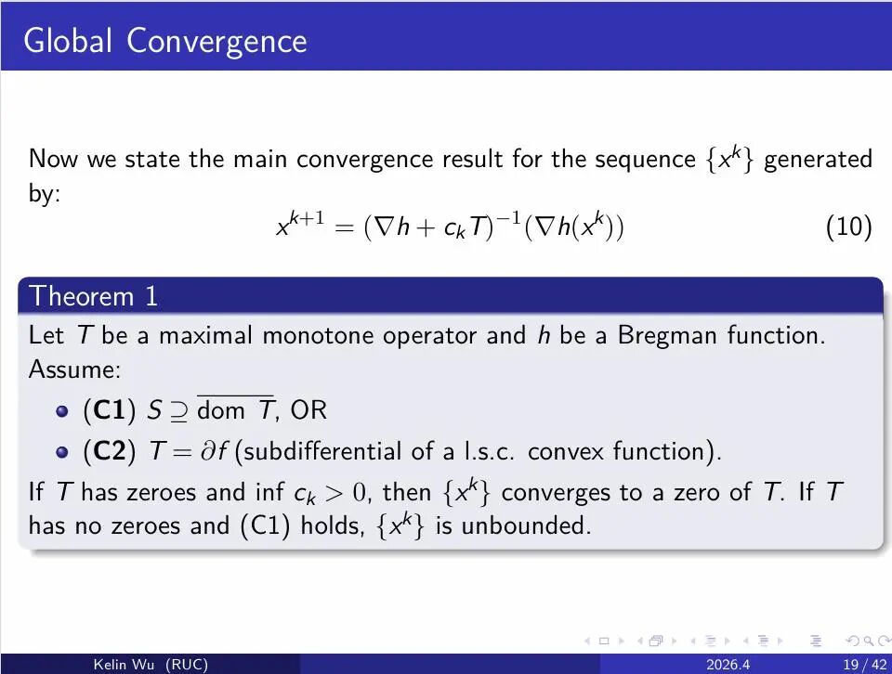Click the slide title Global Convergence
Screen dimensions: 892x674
click(165, 42)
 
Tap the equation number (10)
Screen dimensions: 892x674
click(848, 227)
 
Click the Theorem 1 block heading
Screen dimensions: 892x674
click(93, 296)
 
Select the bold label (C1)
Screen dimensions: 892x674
click(110, 410)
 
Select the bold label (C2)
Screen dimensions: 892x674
click(110, 451)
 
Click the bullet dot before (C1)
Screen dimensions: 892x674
click(62, 411)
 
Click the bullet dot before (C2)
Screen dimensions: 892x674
click(62, 452)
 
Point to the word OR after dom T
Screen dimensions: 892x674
click(308, 410)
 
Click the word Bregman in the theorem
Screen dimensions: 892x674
click(667, 335)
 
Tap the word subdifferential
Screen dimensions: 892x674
click(322, 451)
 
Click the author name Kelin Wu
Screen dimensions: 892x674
click(124, 665)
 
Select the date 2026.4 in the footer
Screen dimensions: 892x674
click(728, 665)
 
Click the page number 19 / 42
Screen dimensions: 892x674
click(865, 665)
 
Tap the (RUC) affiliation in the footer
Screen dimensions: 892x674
click(187, 665)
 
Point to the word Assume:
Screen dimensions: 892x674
click(74, 369)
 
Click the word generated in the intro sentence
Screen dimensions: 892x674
click(818, 160)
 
